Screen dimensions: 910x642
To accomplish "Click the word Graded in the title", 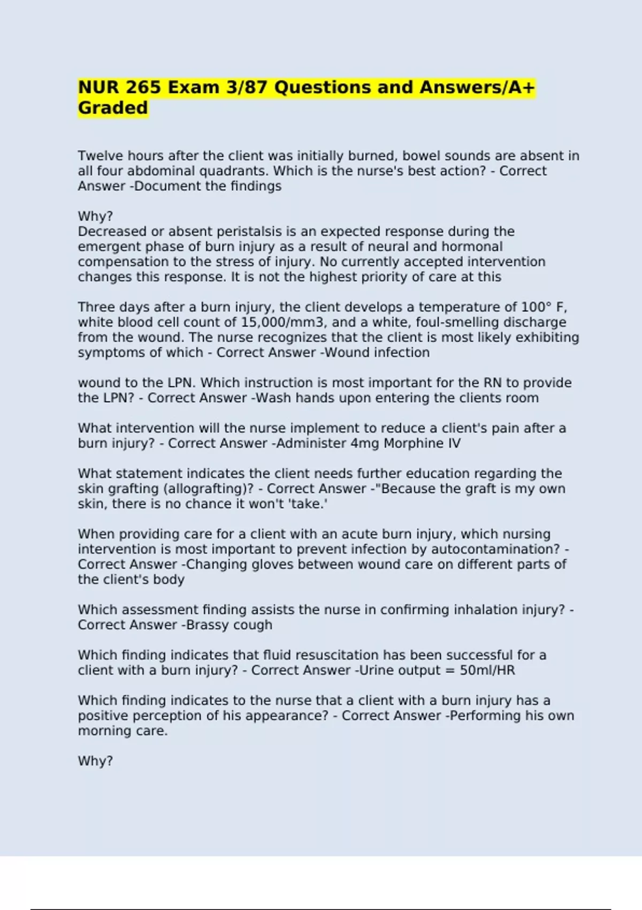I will click(x=113, y=108).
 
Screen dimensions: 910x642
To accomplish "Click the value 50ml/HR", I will click(x=487, y=671).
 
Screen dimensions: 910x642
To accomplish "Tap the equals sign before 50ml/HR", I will click(x=450, y=671).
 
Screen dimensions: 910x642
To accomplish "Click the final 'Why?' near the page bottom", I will click(x=95, y=761).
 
